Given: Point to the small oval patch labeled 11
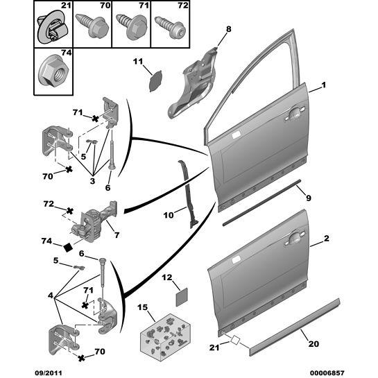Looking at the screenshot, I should (x=152, y=80).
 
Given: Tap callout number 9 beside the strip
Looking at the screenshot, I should (x=309, y=198).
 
